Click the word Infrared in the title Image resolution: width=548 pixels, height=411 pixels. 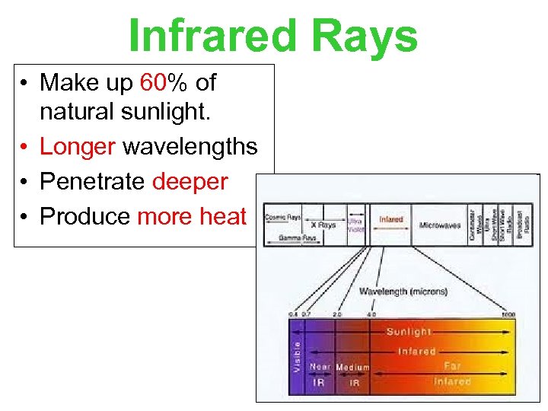(x=214, y=36)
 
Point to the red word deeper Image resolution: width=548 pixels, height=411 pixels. (x=190, y=181)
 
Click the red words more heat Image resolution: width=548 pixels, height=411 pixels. (x=192, y=216)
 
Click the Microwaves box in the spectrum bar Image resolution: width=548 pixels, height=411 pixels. (x=440, y=225)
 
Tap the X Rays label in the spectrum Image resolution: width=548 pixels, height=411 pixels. (x=323, y=225)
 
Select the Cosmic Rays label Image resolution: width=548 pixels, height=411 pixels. (x=283, y=216)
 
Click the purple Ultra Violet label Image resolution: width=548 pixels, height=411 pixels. (x=355, y=225)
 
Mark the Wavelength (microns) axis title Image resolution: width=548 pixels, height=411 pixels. (x=403, y=292)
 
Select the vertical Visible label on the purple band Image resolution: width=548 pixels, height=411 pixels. (x=296, y=355)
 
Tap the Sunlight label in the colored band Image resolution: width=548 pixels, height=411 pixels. (x=409, y=332)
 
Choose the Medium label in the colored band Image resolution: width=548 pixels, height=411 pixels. (x=352, y=367)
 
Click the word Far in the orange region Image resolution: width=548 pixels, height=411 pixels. (x=452, y=366)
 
